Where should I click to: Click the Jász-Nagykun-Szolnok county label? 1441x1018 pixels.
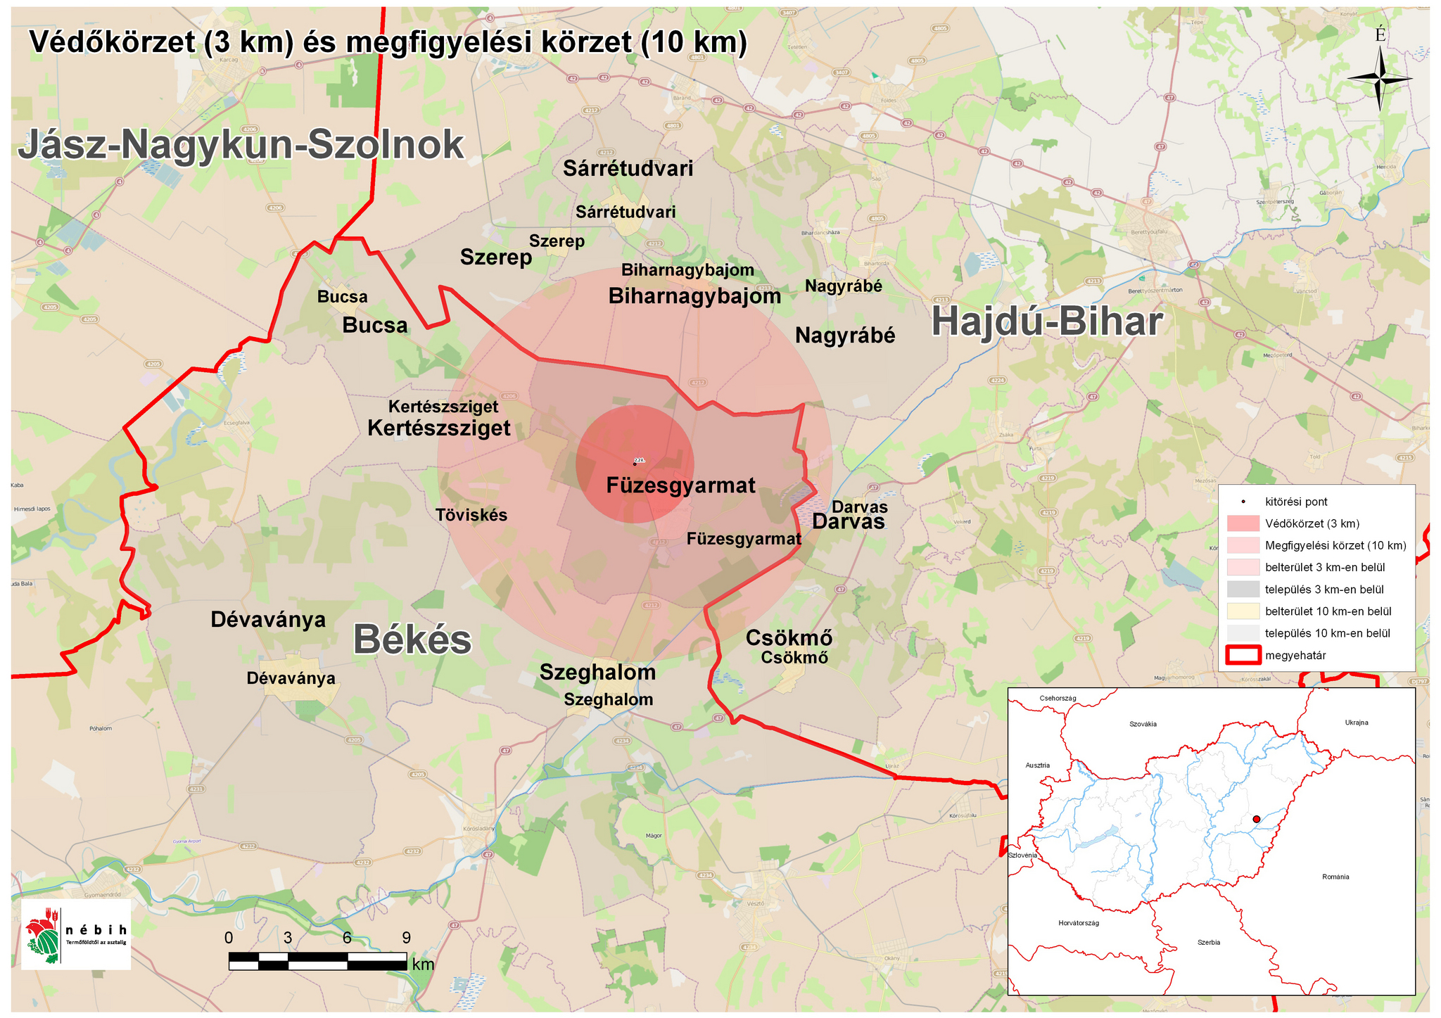(241, 145)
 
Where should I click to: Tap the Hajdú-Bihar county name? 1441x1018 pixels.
(1046, 323)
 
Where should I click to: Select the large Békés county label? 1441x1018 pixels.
(412, 640)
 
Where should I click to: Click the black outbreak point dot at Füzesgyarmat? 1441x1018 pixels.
(635, 464)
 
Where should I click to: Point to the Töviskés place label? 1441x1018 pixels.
(471, 515)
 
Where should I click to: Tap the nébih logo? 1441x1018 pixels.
(75, 934)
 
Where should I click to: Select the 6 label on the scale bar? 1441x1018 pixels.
(347, 938)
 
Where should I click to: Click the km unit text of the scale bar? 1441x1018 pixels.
(424, 964)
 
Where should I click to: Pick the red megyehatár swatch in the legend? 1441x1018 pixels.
(1243, 655)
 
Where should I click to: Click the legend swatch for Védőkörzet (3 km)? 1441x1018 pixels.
(1243, 523)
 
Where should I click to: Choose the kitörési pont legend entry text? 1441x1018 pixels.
(1296, 502)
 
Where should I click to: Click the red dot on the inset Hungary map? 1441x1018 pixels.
(1256, 819)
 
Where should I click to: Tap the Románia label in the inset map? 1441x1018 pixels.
(1335, 877)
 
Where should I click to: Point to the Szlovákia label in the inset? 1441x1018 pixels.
(1143, 724)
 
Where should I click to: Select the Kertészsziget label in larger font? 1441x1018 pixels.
(439, 428)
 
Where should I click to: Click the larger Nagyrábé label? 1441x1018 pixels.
(845, 336)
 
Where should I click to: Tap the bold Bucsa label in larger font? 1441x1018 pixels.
(374, 325)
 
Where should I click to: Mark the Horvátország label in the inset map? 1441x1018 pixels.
(1078, 922)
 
